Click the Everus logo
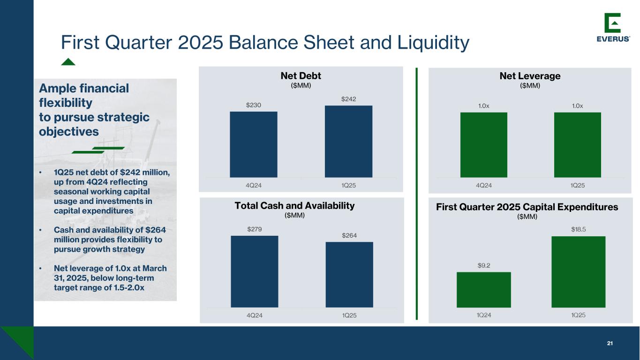(x=613, y=28)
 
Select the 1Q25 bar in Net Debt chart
(x=348, y=142)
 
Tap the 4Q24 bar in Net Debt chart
(x=254, y=144)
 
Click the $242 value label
(x=348, y=99)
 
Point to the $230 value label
(x=254, y=105)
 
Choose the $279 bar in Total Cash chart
(x=254, y=271)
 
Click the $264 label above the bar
(x=349, y=235)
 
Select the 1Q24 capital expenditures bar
(x=484, y=290)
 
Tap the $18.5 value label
(x=578, y=229)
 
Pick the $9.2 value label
(x=484, y=265)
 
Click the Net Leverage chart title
(x=530, y=76)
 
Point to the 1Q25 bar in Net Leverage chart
(x=578, y=145)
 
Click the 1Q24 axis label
(x=484, y=315)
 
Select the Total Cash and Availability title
(x=294, y=206)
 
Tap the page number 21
(x=610, y=344)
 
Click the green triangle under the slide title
(x=68, y=62)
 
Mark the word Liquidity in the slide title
(x=433, y=43)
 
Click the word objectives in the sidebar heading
(x=69, y=132)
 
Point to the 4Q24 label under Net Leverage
(x=484, y=186)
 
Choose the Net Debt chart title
(x=301, y=76)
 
